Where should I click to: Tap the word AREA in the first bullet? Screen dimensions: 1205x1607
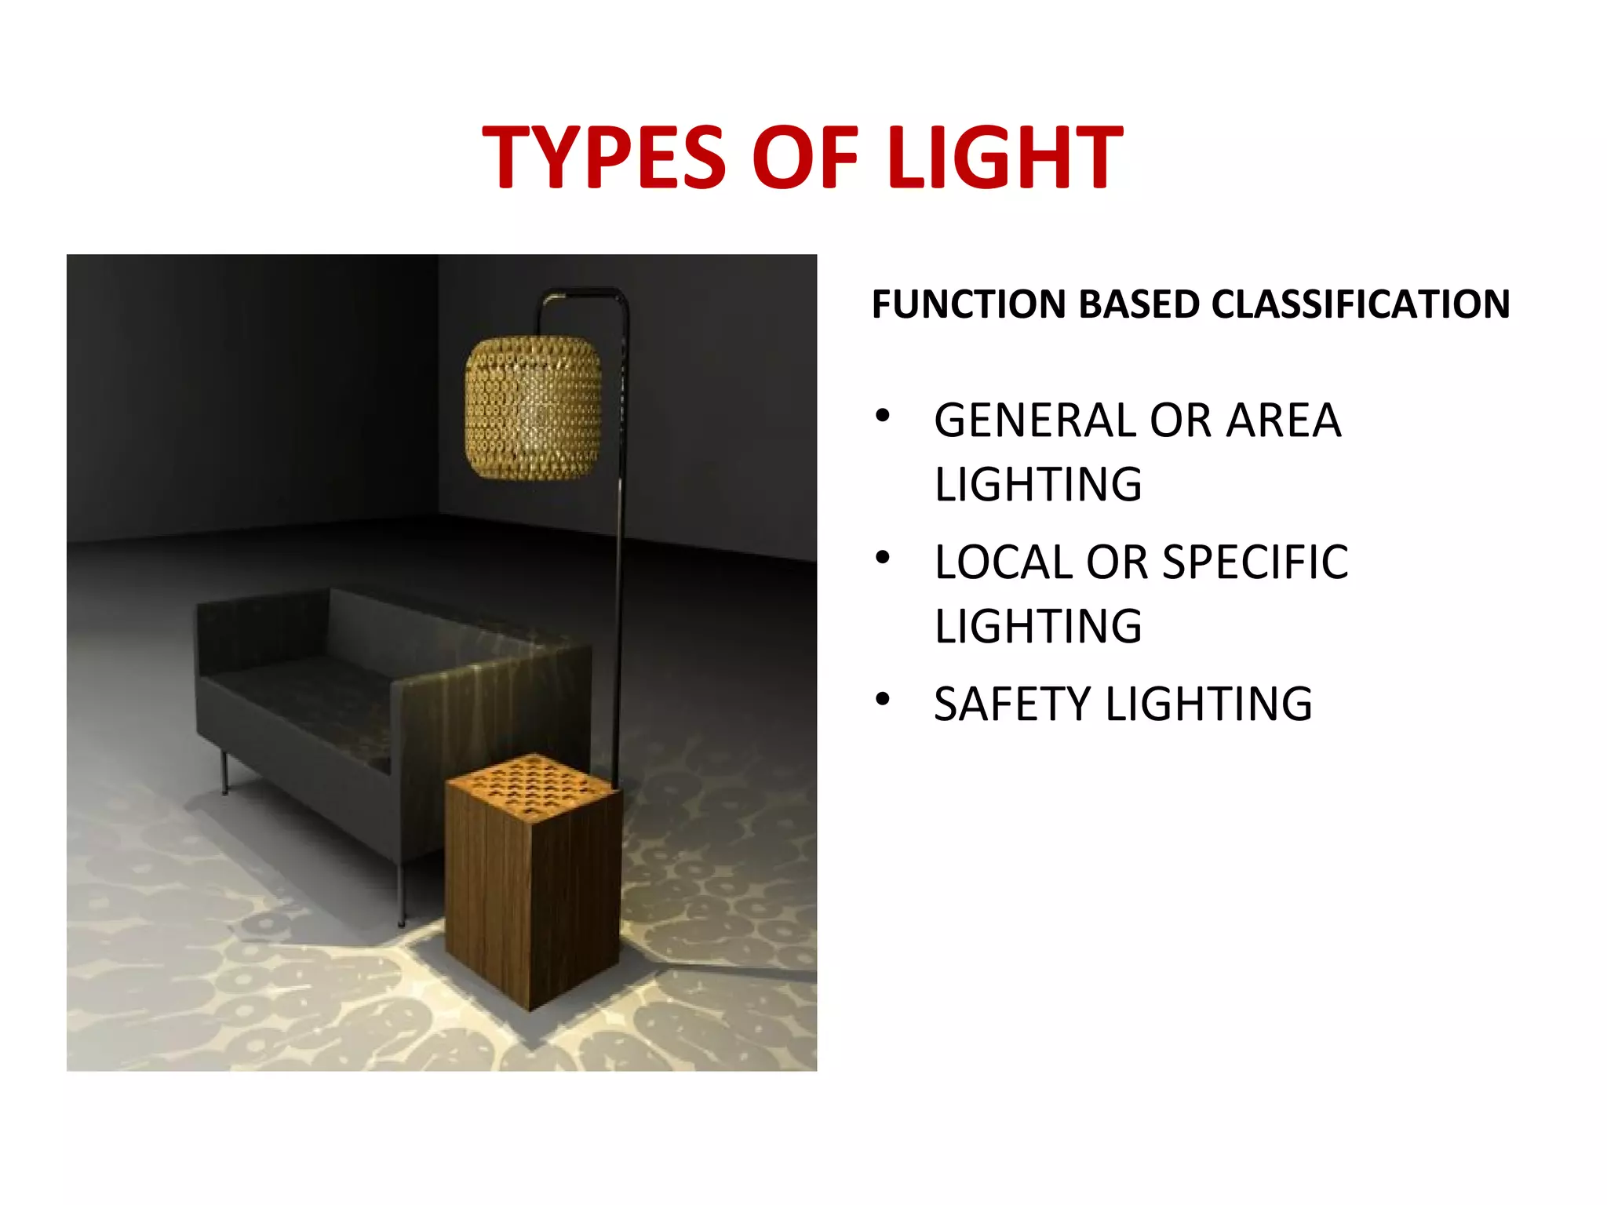tap(1284, 420)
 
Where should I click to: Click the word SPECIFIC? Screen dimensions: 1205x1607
tap(1255, 562)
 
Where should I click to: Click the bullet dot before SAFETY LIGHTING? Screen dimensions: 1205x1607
tap(883, 698)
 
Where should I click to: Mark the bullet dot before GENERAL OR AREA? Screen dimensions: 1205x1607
tap(883, 415)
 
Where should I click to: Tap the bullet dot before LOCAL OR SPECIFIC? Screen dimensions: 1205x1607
tap(883, 557)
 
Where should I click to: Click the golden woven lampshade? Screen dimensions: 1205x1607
tap(533, 408)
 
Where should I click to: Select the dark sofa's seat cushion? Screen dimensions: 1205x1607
tap(306, 690)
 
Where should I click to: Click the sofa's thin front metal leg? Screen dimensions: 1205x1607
tap(402, 894)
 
